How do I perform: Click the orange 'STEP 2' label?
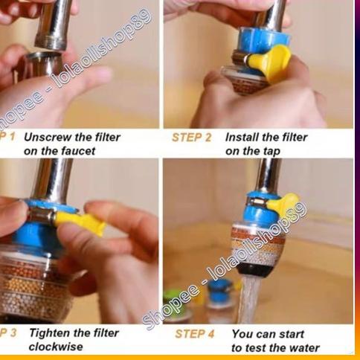[x=192, y=138]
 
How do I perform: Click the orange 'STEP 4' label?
[x=195, y=334]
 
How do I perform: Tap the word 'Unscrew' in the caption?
[x=46, y=138]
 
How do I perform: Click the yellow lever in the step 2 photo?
[x=270, y=62]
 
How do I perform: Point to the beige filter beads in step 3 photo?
[x=37, y=286]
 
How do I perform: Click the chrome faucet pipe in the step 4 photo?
[x=268, y=175]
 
